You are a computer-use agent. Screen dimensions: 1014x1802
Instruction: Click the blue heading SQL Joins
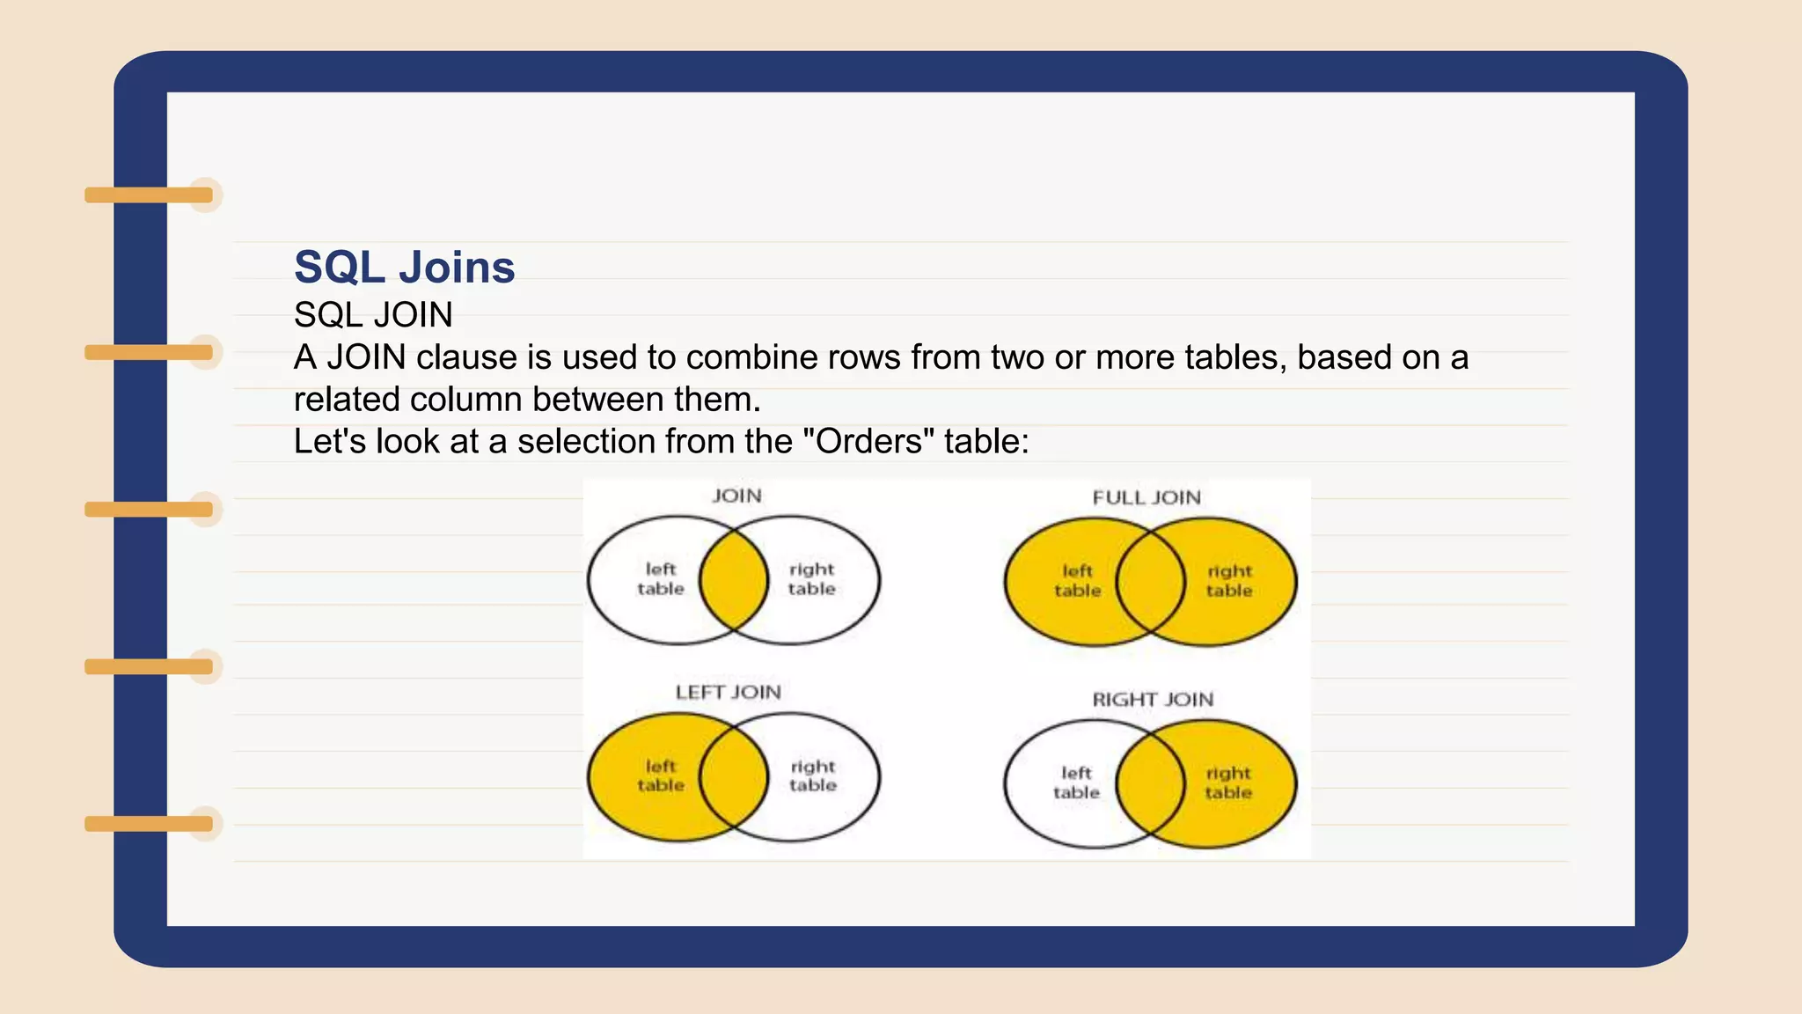[404, 268]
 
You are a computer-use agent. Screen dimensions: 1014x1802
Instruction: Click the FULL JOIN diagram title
[1146, 498]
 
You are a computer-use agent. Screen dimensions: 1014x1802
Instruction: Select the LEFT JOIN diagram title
[728, 693]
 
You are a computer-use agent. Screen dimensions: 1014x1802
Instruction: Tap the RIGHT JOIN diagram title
[1153, 700]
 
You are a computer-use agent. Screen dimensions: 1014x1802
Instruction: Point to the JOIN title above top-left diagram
[736, 496]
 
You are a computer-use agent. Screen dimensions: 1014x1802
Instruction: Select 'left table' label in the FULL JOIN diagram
[1077, 581]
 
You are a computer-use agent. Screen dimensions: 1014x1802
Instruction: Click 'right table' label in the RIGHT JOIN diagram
[1228, 783]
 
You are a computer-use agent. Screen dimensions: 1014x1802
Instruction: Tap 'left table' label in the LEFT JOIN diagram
[660, 775]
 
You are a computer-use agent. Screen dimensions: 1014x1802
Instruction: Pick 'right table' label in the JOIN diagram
[811, 579]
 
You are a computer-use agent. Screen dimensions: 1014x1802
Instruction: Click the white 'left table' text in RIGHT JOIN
[1076, 783]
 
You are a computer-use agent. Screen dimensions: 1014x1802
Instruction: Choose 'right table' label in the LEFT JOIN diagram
[812, 775]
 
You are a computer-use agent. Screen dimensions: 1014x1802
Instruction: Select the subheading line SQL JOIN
[373, 315]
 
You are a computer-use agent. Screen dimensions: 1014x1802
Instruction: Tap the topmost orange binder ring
[150, 195]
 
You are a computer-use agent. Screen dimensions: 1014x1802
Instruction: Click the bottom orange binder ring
[150, 824]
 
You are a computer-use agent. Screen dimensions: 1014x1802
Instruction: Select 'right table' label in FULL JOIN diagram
[1229, 581]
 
